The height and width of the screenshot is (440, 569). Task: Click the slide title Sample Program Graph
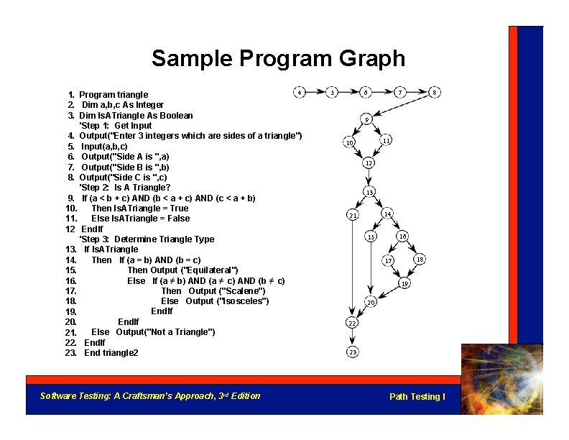tap(278, 58)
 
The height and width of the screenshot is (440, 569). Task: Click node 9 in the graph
tap(366, 119)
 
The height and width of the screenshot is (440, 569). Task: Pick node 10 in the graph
tap(348, 143)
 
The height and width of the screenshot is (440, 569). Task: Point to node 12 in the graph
tap(368, 163)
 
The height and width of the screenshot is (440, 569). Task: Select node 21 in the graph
tap(352, 215)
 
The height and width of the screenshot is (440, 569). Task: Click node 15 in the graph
tap(371, 237)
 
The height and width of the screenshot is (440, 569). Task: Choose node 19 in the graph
tap(404, 283)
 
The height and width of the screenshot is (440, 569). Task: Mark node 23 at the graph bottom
tap(353, 352)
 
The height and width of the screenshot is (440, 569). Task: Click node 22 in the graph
tap(353, 324)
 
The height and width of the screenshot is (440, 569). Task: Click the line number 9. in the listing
tap(71, 198)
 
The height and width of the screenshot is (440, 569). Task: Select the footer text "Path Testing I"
tap(417, 397)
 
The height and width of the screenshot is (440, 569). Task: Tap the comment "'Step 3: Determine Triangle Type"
tap(147, 239)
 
